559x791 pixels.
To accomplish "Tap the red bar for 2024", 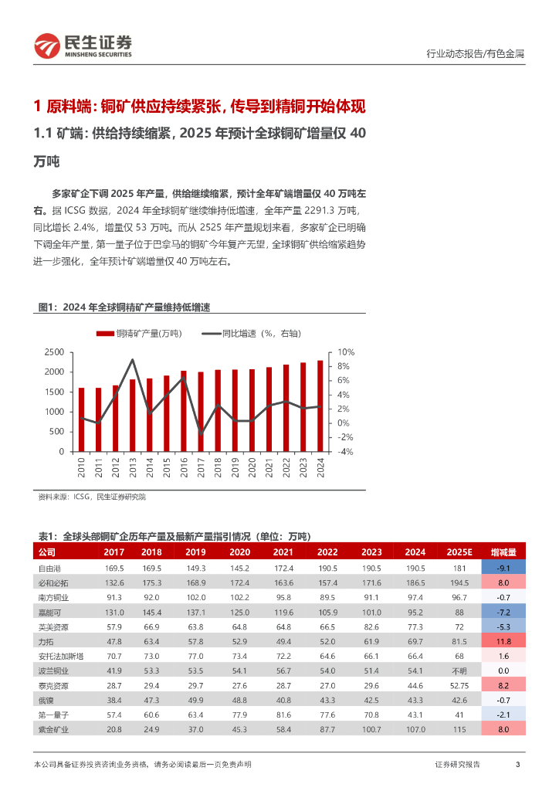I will coord(320,406).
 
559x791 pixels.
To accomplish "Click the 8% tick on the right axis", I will coord(344,366).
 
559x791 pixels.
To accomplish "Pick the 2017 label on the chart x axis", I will coord(201,467).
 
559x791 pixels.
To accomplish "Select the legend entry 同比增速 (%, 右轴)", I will coord(251,333).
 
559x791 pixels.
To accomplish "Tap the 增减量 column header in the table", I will coord(503,552).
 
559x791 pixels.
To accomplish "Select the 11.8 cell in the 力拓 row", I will coord(503,641).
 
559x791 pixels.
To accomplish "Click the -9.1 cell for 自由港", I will coord(503,568).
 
